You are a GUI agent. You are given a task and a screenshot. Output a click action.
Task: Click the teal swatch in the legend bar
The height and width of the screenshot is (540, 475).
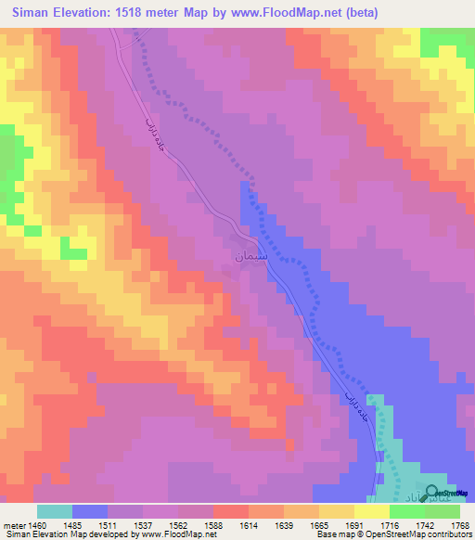coord(55,511)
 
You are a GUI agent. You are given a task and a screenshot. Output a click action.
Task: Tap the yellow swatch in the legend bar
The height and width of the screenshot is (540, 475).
coord(371,511)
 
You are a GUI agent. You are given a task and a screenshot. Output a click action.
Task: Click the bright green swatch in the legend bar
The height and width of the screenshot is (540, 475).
coord(406,511)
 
